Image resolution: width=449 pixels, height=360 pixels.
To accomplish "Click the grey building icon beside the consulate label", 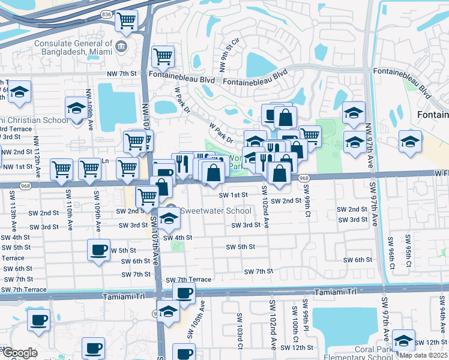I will pyautogui.click(x=121, y=47).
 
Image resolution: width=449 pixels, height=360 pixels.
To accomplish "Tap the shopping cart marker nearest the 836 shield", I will pyautogui.click(x=126, y=21).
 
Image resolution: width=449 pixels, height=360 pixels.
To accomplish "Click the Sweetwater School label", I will pyautogui.click(x=216, y=211).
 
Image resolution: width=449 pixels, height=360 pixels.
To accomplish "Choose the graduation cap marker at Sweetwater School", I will pyautogui.click(x=169, y=220).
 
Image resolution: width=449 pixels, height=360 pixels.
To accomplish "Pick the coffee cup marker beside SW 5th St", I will pyautogui.click(x=98, y=250).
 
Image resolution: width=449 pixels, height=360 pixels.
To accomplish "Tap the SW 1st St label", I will pyautogui.click(x=233, y=195).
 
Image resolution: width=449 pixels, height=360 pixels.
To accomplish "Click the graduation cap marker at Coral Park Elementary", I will pyautogui.click(x=403, y=340).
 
